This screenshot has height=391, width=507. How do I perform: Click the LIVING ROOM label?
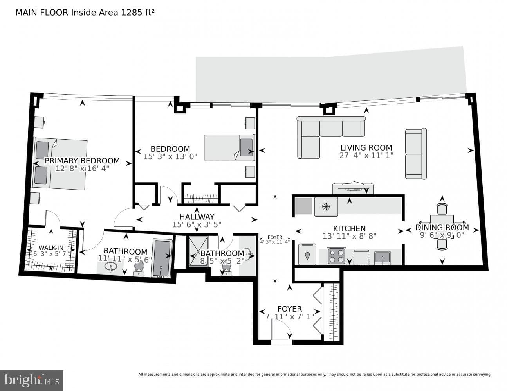[366, 148]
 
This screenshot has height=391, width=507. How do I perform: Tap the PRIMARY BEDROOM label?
[82, 161]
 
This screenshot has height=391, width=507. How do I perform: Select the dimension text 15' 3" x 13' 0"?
[170, 156]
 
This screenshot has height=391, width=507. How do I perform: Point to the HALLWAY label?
[197, 217]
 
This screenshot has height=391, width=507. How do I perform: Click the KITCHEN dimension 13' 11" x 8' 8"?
[349, 236]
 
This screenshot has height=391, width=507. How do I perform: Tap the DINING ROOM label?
[442, 228]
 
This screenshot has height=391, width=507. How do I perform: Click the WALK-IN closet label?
[51, 248]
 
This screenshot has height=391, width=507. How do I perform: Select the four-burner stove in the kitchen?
[336, 256]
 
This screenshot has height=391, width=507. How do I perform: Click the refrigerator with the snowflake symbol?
[326, 207]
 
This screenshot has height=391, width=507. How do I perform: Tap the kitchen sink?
[383, 258]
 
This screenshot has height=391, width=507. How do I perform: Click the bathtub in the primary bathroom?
[162, 258]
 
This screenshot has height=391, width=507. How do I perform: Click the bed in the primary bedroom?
[60, 163]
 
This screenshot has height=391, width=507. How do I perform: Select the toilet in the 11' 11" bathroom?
[139, 268]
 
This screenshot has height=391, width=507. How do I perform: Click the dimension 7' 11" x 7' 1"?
[290, 317]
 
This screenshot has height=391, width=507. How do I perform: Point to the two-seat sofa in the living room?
[416, 154]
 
